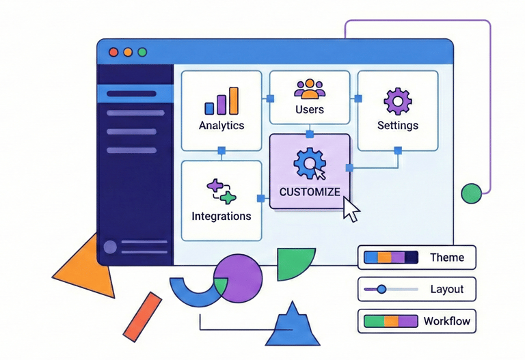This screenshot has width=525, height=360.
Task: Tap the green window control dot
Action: click(142, 52)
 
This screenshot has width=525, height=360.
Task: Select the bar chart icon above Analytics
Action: click(221, 101)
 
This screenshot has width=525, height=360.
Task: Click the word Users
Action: click(310, 109)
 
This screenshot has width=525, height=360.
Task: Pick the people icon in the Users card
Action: click(310, 89)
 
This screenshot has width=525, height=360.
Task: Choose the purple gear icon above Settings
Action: click(397, 101)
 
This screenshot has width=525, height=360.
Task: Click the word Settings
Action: click(398, 126)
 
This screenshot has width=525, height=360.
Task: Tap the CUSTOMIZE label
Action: click(310, 192)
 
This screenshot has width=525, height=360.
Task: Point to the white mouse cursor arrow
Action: click(351, 209)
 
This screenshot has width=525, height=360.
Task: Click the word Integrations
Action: click(221, 216)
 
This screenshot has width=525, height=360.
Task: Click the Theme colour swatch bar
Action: click(390, 258)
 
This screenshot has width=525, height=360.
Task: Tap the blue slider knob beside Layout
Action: click(381, 289)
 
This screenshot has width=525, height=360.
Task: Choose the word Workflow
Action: click(446, 320)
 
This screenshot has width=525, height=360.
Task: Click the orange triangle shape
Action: click(85, 266)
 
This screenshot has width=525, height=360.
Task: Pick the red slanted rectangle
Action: click(142, 316)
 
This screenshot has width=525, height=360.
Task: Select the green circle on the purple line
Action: click(471, 193)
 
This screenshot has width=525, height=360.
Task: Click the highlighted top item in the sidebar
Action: click(135, 94)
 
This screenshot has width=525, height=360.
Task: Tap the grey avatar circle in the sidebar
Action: click(109, 247)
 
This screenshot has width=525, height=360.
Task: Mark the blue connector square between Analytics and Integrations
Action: click(221, 150)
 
